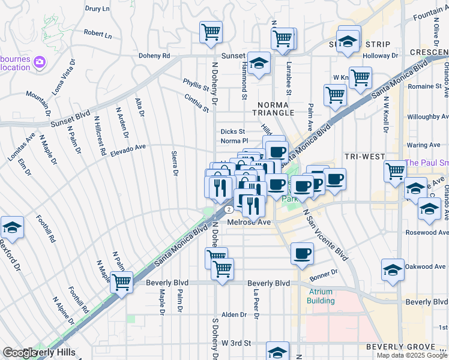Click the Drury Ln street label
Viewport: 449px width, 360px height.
point(97,9)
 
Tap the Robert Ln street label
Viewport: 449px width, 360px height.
point(98,35)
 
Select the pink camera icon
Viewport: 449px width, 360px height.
point(40,62)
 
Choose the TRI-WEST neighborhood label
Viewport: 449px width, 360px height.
point(364,156)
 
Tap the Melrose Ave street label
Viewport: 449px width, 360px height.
point(249,222)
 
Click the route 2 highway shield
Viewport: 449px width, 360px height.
point(229,209)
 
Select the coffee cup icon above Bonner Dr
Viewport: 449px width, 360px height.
point(302,253)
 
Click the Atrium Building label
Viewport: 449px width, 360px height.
point(321,296)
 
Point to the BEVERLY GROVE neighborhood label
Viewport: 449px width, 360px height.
point(400,347)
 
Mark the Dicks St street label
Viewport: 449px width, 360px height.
point(232,131)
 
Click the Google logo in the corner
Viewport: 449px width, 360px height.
point(19,353)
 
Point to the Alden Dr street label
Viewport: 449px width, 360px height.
point(234,314)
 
